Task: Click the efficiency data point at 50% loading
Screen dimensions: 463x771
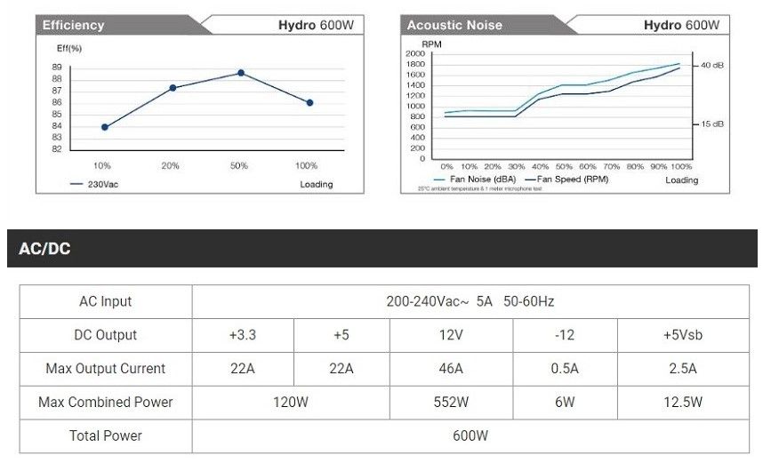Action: point(240,73)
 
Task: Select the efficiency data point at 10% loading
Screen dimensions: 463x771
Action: point(105,127)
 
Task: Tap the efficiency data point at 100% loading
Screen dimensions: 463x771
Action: point(309,103)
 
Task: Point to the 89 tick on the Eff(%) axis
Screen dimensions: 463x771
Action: point(57,68)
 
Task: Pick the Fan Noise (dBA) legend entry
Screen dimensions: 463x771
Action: point(478,180)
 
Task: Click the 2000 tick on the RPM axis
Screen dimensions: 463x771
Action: point(415,54)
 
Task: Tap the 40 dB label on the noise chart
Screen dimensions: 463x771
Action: point(712,66)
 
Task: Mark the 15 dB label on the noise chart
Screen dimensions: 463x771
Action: point(712,124)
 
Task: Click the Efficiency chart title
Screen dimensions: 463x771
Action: point(73,25)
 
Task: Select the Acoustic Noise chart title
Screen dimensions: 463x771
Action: point(454,25)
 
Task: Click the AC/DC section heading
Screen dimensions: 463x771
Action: point(44,250)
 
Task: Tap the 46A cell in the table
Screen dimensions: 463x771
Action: point(451,369)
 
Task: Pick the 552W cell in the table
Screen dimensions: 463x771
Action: point(451,403)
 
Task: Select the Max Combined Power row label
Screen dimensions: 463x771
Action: point(106,403)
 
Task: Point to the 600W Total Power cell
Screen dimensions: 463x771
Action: point(470,436)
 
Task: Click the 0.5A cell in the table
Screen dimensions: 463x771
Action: point(565,369)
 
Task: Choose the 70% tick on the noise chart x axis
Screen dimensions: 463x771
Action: point(611,166)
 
